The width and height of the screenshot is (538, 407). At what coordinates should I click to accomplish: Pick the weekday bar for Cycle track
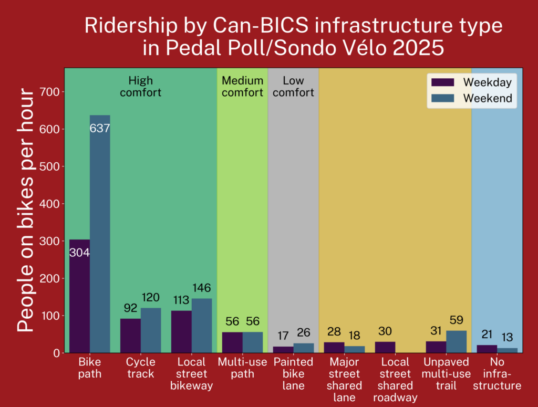(x=130, y=336)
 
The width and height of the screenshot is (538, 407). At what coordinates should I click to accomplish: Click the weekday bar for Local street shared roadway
(x=385, y=347)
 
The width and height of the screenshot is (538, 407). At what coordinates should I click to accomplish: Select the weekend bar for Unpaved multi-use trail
(x=456, y=342)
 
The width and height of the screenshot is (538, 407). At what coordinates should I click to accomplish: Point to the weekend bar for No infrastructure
(x=507, y=350)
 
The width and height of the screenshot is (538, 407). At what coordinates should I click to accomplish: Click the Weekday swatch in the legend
(x=442, y=82)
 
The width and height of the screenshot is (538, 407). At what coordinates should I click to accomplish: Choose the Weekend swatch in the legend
(x=442, y=98)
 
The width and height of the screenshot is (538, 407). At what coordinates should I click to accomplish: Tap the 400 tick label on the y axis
(x=51, y=204)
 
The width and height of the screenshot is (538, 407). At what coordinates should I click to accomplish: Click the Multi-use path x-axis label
(x=242, y=368)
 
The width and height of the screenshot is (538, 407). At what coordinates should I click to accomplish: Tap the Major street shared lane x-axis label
(x=344, y=380)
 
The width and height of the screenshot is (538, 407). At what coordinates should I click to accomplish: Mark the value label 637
(x=100, y=128)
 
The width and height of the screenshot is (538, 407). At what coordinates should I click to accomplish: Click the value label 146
(x=202, y=287)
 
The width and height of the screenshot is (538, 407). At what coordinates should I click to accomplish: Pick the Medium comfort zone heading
(x=242, y=87)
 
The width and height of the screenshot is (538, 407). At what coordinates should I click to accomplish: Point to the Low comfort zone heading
(x=293, y=87)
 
